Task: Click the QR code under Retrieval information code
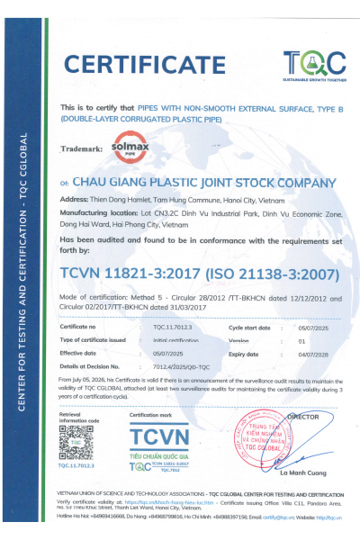tap(76, 442)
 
